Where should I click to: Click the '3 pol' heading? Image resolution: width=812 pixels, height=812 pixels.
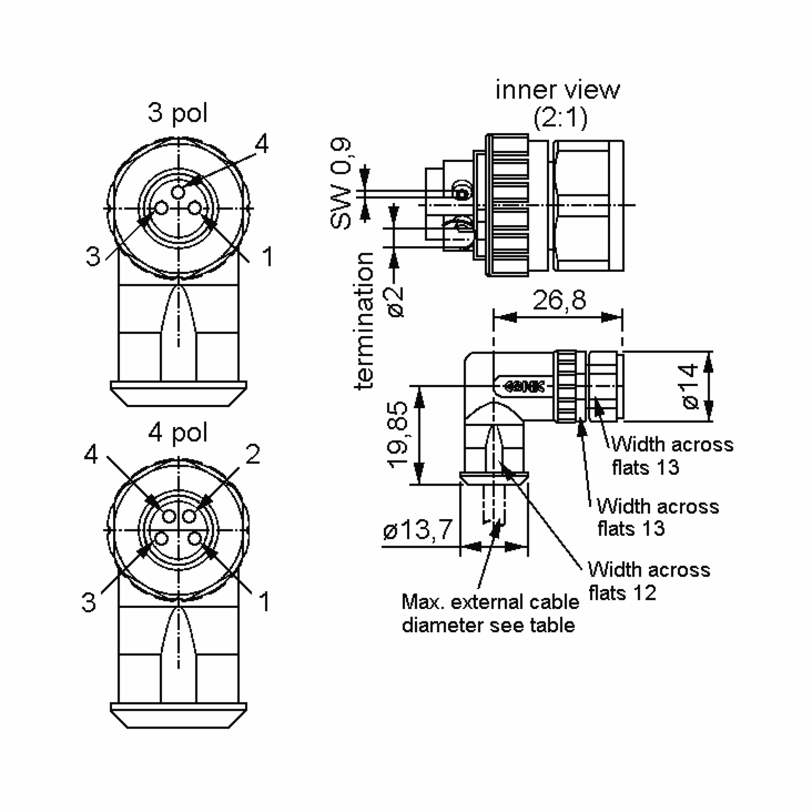tap(178, 113)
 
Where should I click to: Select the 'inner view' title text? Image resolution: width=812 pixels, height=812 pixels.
tap(557, 90)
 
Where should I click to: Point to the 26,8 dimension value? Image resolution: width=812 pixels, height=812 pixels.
tap(559, 300)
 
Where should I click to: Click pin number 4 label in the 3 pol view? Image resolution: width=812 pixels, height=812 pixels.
tap(262, 145)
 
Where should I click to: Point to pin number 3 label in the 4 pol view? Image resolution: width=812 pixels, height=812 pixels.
tap(88, 602)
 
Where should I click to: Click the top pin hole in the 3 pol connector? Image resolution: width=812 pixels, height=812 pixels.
tap(178, 193)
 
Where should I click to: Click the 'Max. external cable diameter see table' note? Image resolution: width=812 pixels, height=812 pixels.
tap(490, 614)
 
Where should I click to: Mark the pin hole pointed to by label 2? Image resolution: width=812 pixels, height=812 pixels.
tap(189, 516)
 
